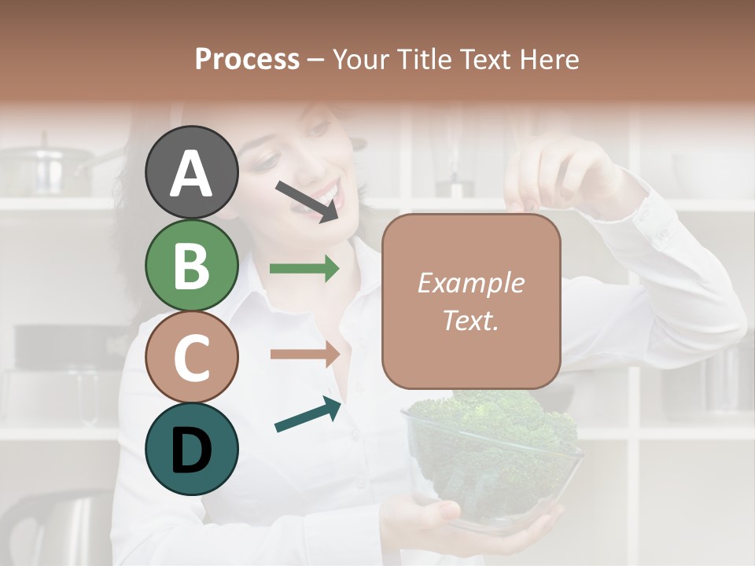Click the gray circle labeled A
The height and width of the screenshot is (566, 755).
191,173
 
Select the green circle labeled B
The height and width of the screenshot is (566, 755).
191,265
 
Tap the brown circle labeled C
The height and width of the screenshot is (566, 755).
191,357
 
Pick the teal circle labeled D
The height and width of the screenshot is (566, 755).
191,449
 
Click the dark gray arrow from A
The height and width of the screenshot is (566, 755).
307,200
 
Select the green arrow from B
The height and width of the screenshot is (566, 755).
304,269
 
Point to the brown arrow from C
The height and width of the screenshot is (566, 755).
304,354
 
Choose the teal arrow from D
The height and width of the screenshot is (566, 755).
308,415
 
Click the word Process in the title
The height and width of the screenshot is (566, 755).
247,59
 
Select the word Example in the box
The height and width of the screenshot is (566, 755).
470,283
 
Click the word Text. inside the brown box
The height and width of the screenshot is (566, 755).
470,320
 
